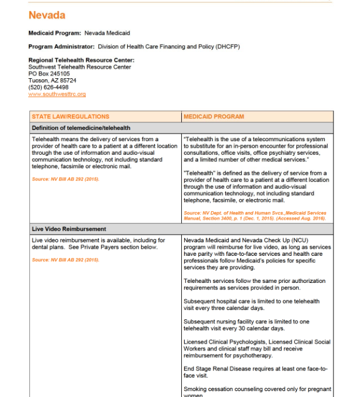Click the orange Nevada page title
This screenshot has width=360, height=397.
click(x=47, y=15)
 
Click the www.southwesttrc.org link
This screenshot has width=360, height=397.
click(x=57, y=94)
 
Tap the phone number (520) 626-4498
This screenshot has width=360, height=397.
click(x=48, y=87)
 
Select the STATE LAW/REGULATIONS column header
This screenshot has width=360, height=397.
click(x=71, y=116)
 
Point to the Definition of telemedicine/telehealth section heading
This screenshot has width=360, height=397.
click(x=81, y=128)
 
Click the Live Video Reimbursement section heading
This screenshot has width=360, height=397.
click(x=69, y=228)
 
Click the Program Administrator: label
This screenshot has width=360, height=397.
click(x=62, y=46)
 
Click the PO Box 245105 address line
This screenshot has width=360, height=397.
click(x=49, y=74)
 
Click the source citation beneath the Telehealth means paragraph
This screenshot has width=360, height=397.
click(x=65, y=179)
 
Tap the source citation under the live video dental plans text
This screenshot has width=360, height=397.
click(x=65, y=259)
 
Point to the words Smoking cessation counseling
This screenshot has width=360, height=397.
click(x=221, y=389)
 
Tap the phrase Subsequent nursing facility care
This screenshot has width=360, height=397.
click(x=224, y=322)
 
